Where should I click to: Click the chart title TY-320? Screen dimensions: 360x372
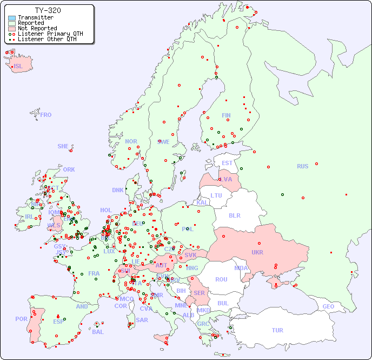[48, 10]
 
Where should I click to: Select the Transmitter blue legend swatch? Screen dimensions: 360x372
[12, 18]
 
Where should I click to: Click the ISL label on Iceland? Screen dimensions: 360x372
[18, 67]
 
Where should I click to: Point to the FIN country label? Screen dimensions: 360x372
[226, 115]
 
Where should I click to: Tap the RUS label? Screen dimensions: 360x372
[302, 166]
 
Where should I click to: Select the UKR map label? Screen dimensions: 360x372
[257, 252]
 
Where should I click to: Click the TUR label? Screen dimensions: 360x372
[277, 330]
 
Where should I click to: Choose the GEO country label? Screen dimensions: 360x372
[328, 306]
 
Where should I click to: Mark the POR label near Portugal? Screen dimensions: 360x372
[21, 319]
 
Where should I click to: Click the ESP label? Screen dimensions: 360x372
[58, 322]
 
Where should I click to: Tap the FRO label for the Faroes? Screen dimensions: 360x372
[46, 115]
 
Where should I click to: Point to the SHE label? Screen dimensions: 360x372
[63, 146]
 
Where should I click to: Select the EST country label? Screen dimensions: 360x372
[227, 163]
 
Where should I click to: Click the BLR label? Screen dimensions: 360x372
[235, 215]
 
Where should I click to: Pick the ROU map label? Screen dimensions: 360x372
[221, 279]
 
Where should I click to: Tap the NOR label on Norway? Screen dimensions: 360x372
[131, 141]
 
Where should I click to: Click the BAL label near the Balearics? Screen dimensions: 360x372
[98, 332]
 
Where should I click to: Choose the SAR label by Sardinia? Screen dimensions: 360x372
[142, 320]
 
